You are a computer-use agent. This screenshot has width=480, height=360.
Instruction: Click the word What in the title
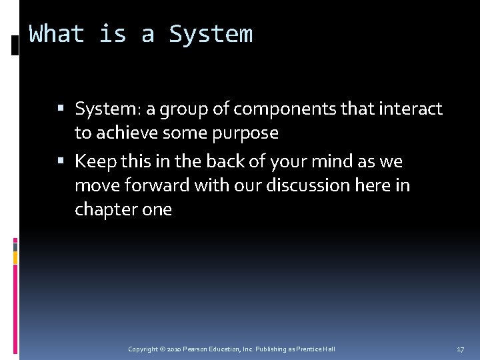pyautogui.click(x=57, y=33)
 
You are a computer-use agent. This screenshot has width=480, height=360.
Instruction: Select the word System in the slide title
pyautogui.click(x=211, y=33)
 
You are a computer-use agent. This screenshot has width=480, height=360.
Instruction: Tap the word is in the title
pyautogui.click(x=113, y=33)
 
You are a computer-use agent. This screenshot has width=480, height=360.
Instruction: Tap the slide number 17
pyautogui.click(x=461, y=349)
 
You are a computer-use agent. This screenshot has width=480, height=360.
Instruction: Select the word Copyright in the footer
pyautogui.click(x=143, y=349)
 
